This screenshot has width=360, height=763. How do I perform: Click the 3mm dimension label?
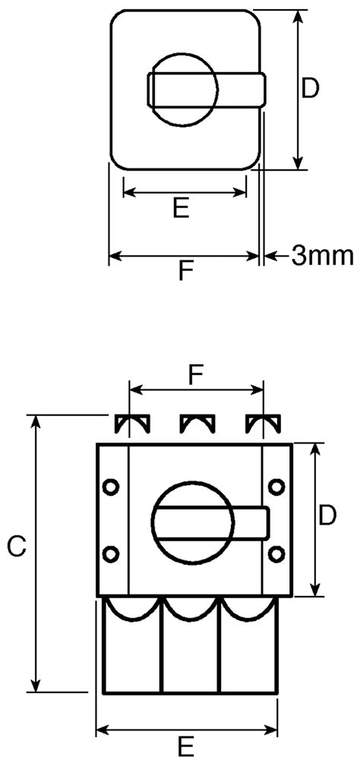[x=322, y=256]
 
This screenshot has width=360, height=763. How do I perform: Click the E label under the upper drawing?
[x=180, y=209]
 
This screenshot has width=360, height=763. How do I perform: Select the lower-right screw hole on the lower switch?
[x=277, y=553]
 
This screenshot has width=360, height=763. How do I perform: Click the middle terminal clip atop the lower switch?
[x=194, y=423]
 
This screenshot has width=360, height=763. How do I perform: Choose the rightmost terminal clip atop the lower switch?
[x=262, y=423]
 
